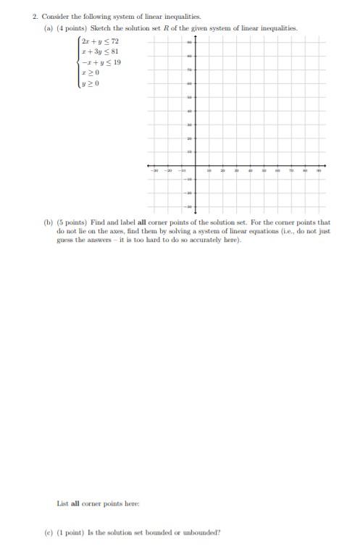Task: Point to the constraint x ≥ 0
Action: click(90, 72)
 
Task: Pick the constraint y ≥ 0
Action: click(90, 83)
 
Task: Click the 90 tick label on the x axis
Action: click(318, 170)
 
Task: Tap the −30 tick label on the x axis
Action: click(155, 170)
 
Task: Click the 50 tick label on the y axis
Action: click(190, 97)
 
